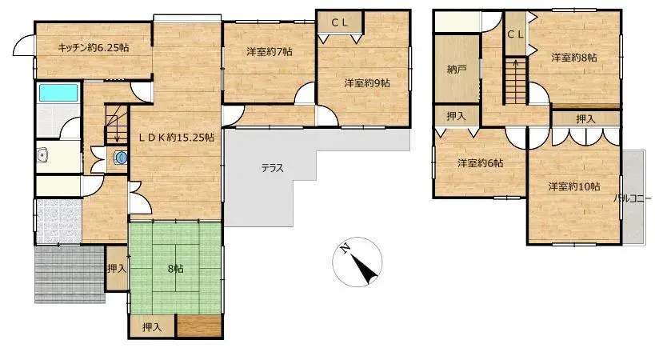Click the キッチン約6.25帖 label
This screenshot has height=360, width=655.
click(x=93, y=48)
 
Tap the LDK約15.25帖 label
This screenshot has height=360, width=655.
click(x=176, y=137)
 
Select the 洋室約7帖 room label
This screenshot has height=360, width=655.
click(x=269, y=52)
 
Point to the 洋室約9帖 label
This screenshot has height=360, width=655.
click(x=367, y=82)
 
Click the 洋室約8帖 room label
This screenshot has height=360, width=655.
click(x=573, y=58)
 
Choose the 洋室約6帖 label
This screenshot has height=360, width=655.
click(x=480, y=163)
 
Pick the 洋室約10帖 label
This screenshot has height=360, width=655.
click(x=573, y=186)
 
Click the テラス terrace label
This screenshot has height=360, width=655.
click(x=272, y=168)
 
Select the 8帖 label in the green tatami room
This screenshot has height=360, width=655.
click(x=175, y=269)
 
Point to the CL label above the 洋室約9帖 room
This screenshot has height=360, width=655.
click(x=339, y=22)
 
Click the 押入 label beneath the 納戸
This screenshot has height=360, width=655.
click(x=456, y=117)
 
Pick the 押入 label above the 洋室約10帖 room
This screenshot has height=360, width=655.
click(x=585, y=118)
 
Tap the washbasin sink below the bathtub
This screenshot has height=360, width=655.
click(x=43, y=155)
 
